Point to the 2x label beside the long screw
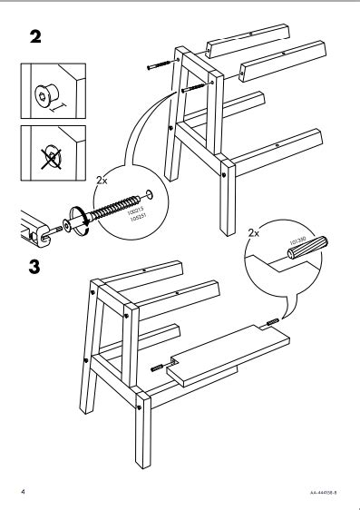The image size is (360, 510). click(x=101, y=181)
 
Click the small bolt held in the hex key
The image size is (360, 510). click(x=55, y=231)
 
